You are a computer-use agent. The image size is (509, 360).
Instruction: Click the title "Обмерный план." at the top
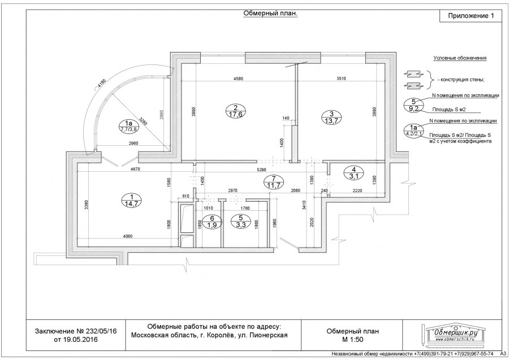coord(270,14)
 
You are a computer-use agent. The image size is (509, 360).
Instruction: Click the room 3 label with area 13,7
coord(331,116)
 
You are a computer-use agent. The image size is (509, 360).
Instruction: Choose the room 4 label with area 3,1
coord(354,173)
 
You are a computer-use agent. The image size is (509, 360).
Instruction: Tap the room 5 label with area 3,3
coord(241,221)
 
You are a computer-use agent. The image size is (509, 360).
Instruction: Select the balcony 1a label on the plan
coord(128,125)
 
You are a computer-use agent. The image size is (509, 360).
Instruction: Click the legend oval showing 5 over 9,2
coord(414,105)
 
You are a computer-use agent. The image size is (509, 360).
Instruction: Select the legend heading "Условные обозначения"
coord(460,58)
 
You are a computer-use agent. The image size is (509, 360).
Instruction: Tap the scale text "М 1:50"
coord(352,340)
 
